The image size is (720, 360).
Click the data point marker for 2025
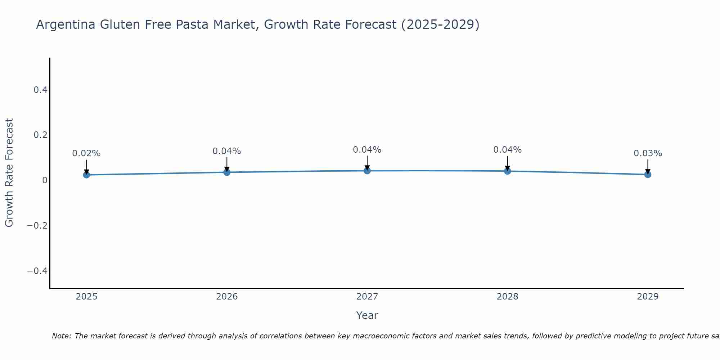click(x=86, y=175)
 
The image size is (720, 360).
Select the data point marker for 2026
click(x=227, y=172)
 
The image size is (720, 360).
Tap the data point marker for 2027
click(x=367, y=170)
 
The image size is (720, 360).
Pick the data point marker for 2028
click(x=507, y=171)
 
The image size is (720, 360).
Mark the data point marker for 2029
click(x=648, y=174)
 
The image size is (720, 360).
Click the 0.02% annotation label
click(x=86, y=153)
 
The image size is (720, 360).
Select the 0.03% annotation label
click(x=648, y=153)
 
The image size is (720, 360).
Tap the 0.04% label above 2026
click(x=227, y=151)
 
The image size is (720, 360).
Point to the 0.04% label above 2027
click(x=367, y=150)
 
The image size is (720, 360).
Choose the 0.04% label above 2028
click(x=507, y=150)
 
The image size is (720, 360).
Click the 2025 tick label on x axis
click(x=86, y=297)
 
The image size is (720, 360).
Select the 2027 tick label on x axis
click(x=367, y=297)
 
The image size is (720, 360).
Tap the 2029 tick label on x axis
click(x=648, y=297)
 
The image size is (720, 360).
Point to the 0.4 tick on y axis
click(x=41, y=90)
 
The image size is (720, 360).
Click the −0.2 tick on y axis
click(x=37, y=226)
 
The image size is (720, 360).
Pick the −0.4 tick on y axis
click(x=37, y=271)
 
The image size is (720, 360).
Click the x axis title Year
click(x=367, y=315)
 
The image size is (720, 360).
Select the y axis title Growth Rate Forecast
click(x=9, y=173)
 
